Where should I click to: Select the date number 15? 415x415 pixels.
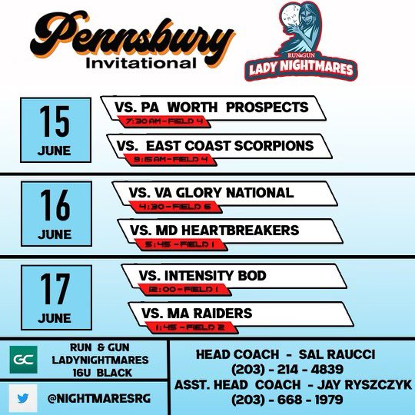click(x=54, y=121)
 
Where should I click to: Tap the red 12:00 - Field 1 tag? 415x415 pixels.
click(x=179, y=289)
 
